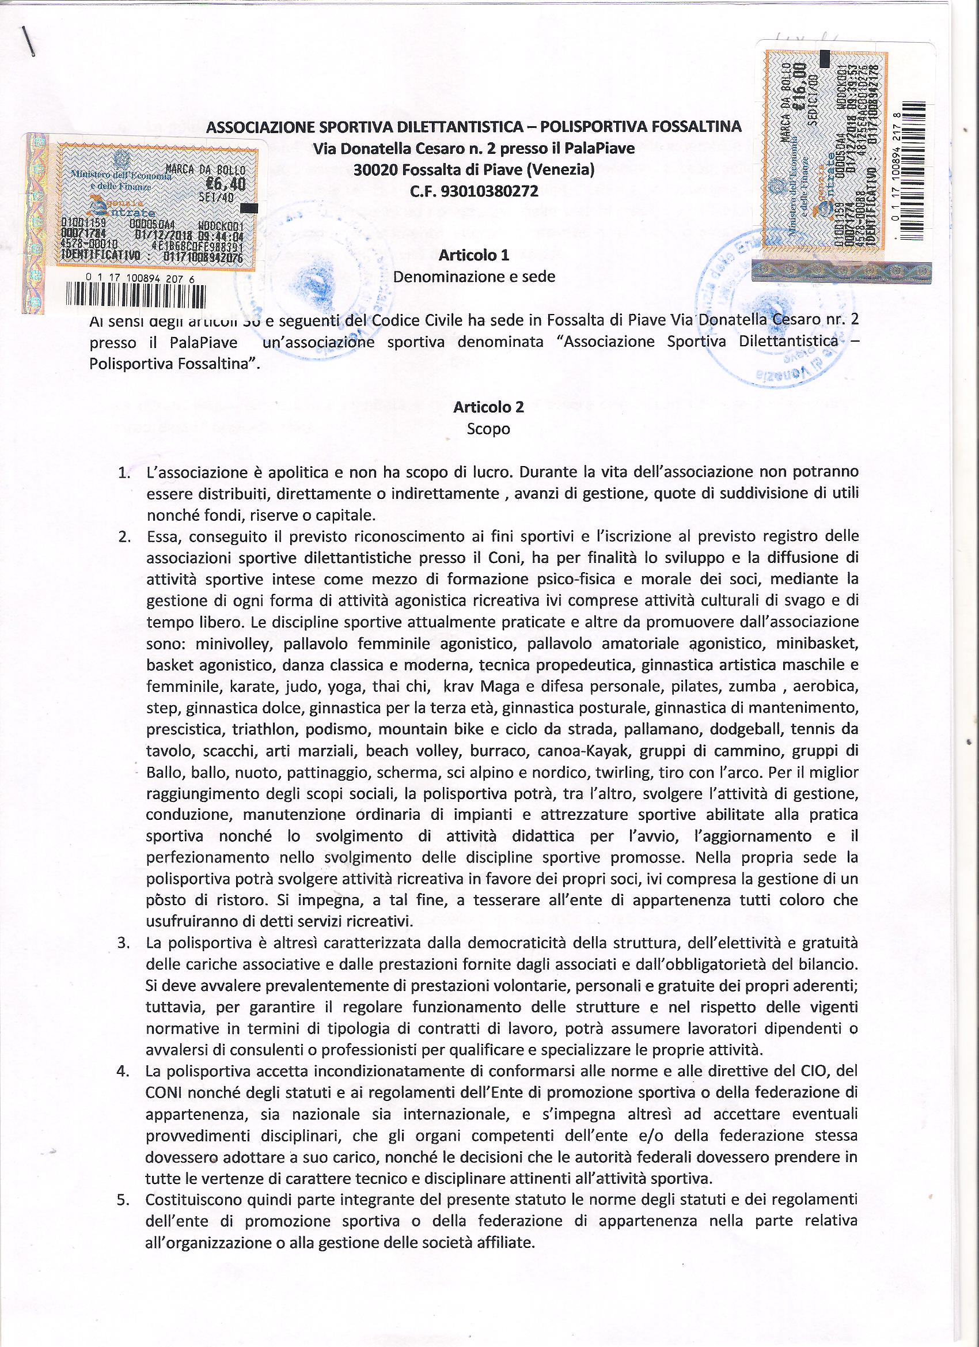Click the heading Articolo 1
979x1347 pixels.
point(473,255)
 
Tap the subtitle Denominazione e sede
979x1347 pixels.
point(475,277)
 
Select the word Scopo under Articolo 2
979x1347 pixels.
point(488,429)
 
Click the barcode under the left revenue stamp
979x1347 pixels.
point(136,297)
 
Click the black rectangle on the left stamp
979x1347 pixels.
point(249,208)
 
